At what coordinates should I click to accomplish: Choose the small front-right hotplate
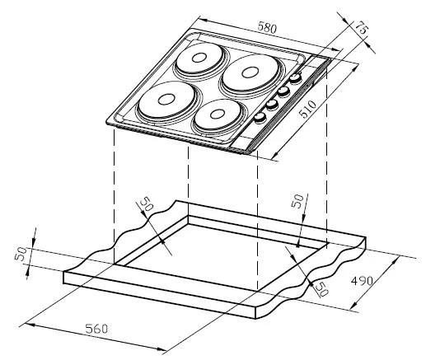click(x=216, y=116)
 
